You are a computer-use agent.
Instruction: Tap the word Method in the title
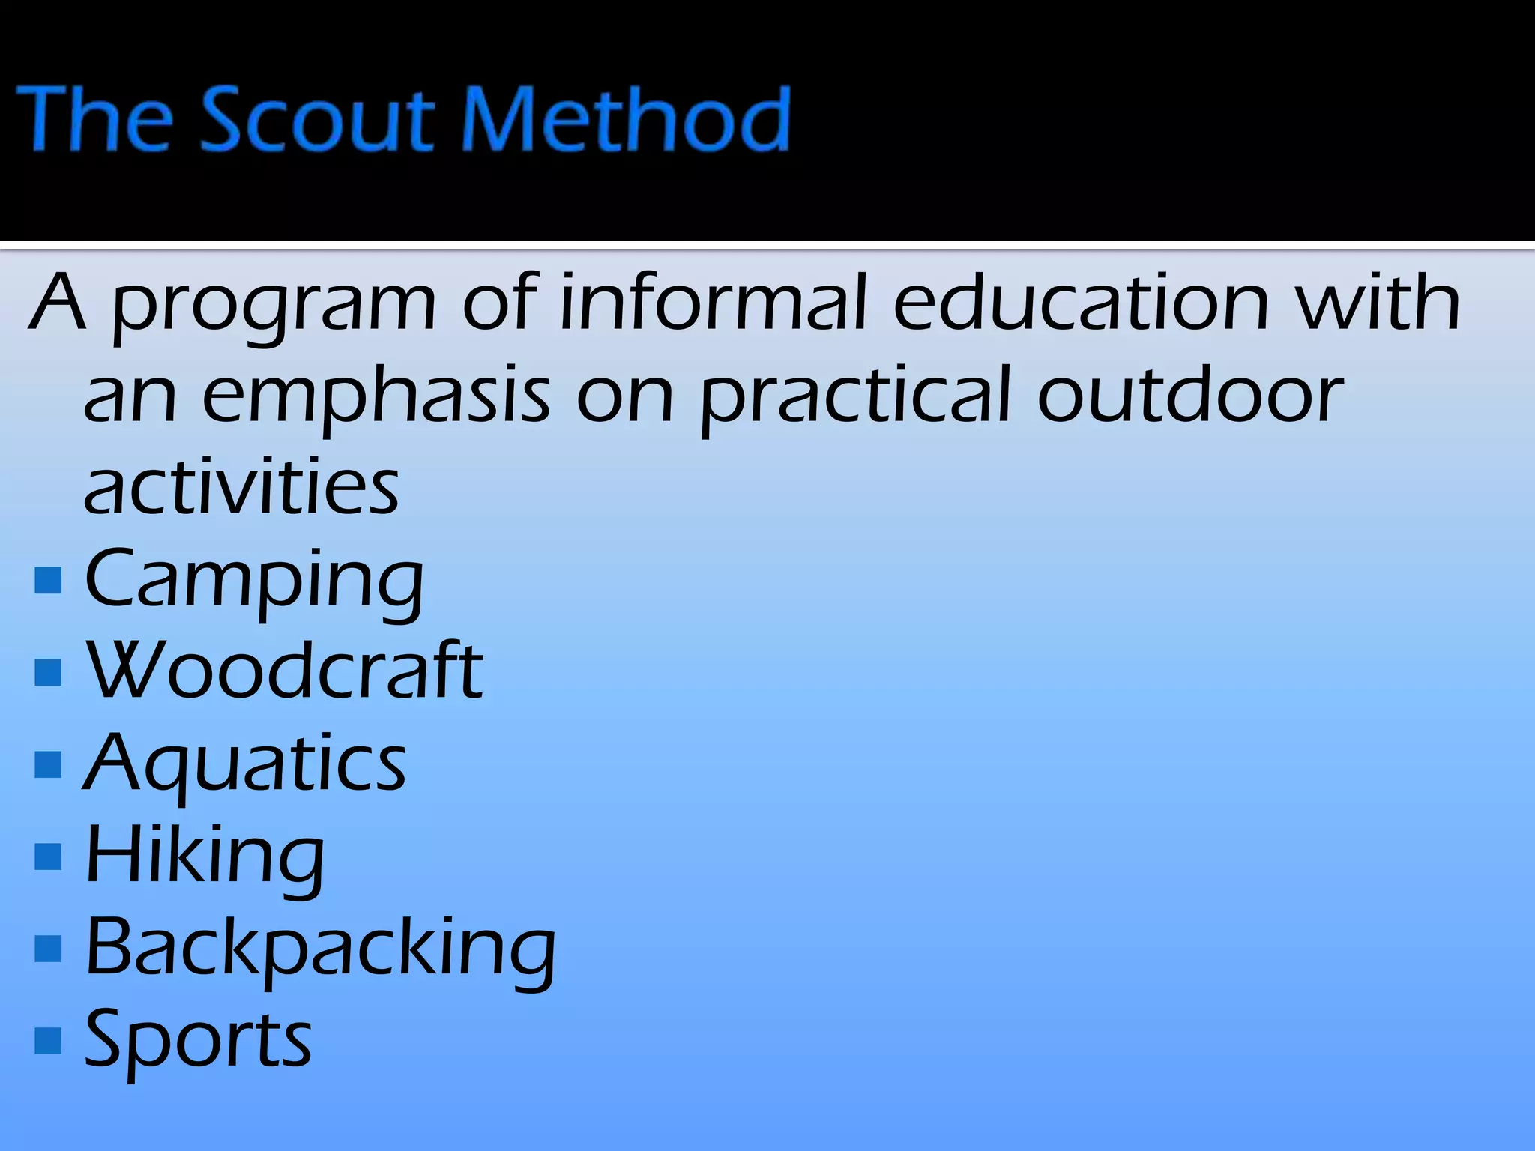(626, 118)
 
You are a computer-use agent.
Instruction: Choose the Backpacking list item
(320, 948)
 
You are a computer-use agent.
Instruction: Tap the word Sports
(198, 1040)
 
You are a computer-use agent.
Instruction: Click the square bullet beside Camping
(48, 580)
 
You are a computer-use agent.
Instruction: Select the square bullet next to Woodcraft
(48, 672)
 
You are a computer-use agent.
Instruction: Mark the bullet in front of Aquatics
(48, 764)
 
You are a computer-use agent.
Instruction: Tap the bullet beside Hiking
(48, 857)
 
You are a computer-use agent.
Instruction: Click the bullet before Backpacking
(48, 949)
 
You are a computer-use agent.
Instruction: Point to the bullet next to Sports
(48, 1040)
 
